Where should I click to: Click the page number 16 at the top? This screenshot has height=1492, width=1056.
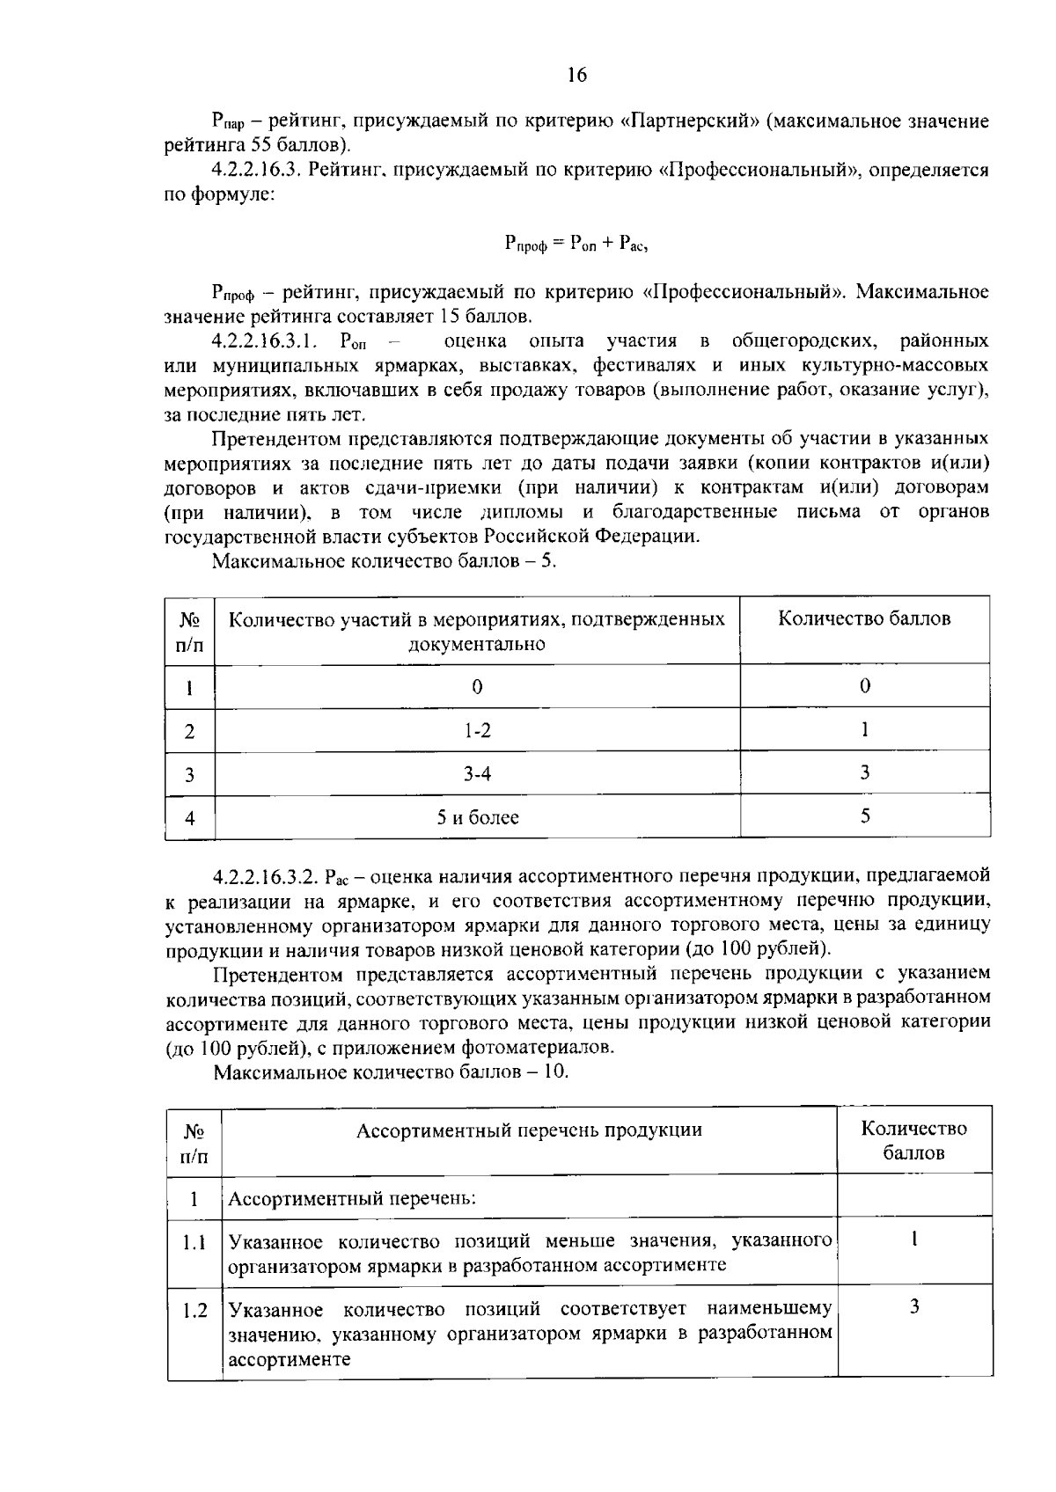click(x=576, y=75)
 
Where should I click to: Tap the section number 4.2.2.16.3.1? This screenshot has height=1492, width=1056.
click(x=269, y=340)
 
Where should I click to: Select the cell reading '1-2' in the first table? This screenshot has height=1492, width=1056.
click(x=477, y=730)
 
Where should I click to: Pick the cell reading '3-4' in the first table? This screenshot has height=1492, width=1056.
click(x=477, y=773)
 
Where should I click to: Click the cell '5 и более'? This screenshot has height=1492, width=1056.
click(x=477, y=817)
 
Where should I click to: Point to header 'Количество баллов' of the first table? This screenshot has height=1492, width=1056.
click(x=864, y=618)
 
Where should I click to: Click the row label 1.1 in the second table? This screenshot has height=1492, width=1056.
click(x=194, y=1243)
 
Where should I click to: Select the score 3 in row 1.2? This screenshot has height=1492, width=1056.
click(x=914, y=1307)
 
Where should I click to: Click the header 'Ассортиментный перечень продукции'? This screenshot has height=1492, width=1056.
click(x=529, y=1130)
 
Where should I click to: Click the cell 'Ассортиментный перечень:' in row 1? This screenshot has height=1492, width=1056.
click(x=352, y=1198)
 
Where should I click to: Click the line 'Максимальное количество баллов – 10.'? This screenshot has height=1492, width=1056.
click(x=391, y=1072)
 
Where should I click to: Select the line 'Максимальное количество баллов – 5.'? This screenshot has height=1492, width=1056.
click(x=385, y=560)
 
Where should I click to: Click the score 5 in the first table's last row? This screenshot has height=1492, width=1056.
click(x=864, y=816)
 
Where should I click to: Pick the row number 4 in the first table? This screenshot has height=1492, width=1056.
click(x=189, y=818)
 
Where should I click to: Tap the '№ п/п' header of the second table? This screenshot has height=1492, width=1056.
click(x=194, y=1141)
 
